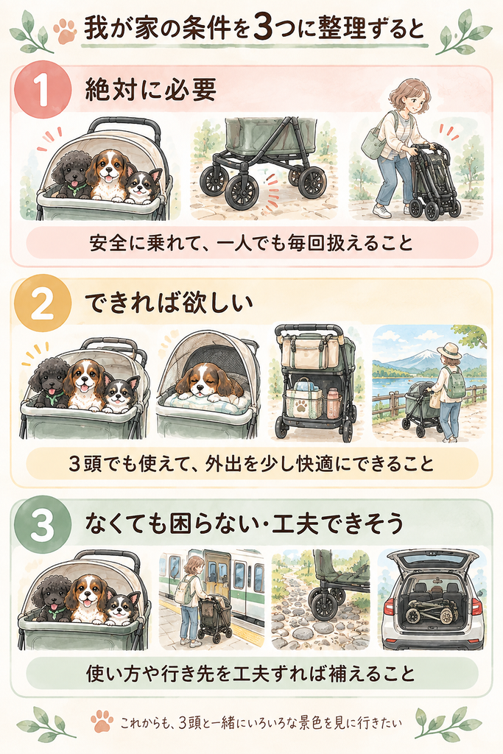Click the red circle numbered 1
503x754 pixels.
pos(43,89)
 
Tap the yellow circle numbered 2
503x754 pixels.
pos(42,303)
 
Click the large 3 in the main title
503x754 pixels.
pos(263,29)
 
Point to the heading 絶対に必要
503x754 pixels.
pos(150,89)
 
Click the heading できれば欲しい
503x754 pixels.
pos(169,303)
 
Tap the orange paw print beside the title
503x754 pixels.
pos(65,31)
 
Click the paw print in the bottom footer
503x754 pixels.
pos(102,721)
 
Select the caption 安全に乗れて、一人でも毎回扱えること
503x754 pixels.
pos(251,243)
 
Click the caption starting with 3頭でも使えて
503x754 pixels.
pos(251,464)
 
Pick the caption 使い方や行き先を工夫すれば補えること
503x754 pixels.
pos(250,673)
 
